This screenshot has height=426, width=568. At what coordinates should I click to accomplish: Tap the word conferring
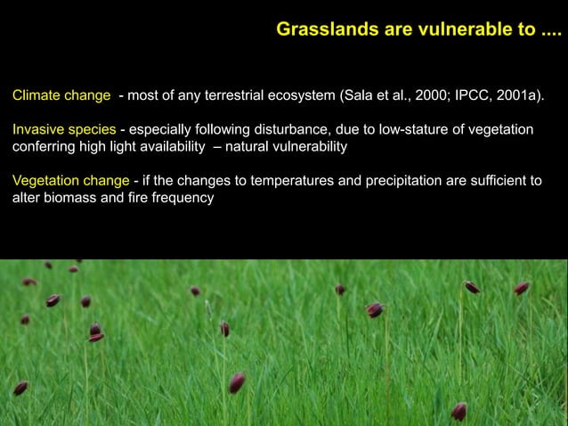point(41,146)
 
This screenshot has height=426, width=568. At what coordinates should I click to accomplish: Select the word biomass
point(70,198)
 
